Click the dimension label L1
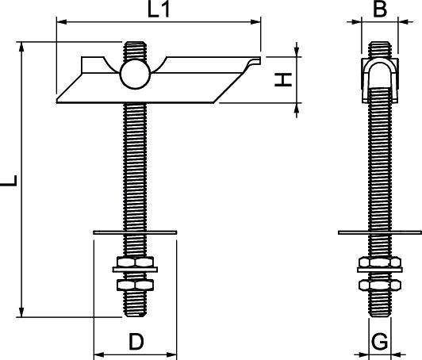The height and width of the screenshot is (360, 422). (x=159, y=11)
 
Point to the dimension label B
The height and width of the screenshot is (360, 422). (x=379, y=10)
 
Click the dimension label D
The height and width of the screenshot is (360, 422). (x=136, y=342)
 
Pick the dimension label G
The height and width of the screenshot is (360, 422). (x=379, y=342)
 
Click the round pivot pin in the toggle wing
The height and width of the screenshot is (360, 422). (x=132, y=75)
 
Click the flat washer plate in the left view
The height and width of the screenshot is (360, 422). (x=135, y=232)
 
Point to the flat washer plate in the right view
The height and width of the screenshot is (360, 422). (x=378, y=232)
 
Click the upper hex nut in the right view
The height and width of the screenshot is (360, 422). (x=378, y=262)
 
